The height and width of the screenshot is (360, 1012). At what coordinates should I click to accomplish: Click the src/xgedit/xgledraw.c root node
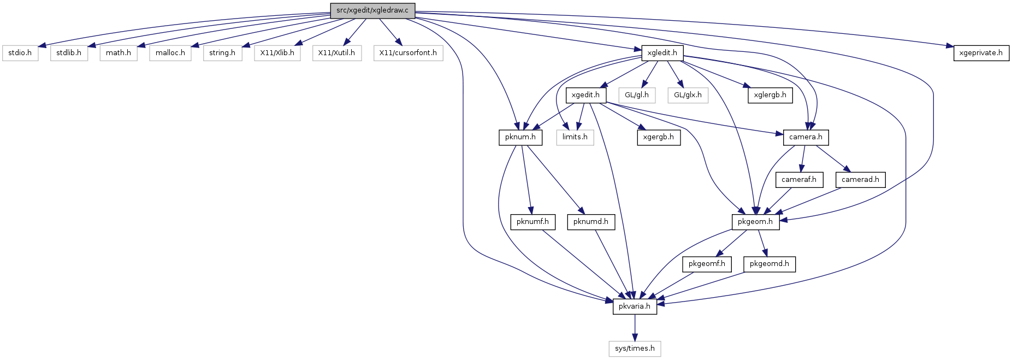[x=372, y=10]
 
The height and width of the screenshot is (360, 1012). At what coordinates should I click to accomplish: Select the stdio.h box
[x=20, y=53]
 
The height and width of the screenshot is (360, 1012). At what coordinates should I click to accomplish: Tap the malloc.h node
[x=170, y=53]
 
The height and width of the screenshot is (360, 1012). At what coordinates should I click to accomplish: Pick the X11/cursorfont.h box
[x=409, y=53]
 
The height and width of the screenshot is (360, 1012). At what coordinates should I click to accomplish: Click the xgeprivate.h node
[x=981, y=53]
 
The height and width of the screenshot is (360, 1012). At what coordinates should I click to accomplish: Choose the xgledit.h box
[x=662, y=53]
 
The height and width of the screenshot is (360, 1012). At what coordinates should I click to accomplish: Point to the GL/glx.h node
[x=688, y=95]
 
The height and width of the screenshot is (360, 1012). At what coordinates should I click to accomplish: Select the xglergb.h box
[x=770, y=95]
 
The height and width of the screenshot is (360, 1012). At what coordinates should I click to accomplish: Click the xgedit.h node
[x=585, y=95]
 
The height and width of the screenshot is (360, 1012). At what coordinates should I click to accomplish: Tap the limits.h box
[x=575, y=137]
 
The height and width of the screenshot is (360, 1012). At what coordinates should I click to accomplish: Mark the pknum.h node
[x=520, y=137]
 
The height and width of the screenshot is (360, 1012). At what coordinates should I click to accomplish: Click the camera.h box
[x=806, y=137]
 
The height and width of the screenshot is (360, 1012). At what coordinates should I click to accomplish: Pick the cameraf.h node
[x=799, y=180]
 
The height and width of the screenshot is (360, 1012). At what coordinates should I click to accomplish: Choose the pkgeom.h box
[x=755, y=222]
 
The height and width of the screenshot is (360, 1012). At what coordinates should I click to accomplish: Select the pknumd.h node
[x=591, y=222]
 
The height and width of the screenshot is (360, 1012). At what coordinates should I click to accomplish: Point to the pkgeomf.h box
[x=707, y=264]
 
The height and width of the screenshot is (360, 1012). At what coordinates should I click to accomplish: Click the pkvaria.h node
[x=635, y=306]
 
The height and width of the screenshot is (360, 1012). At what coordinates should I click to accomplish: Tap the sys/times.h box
[x=635, y=349]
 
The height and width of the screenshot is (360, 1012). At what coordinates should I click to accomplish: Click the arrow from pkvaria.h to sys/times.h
[x=635, y=328]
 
